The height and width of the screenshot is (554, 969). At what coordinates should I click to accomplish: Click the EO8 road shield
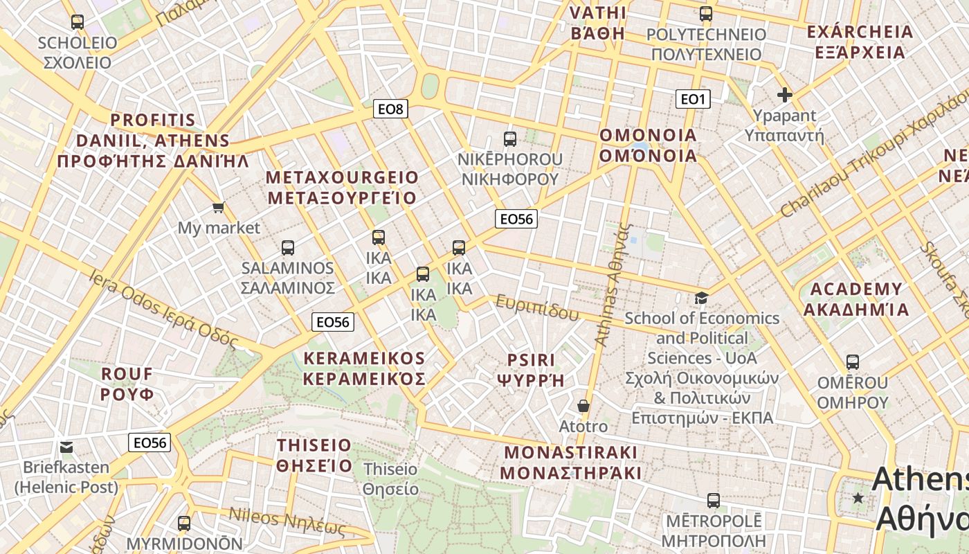click(390, 109)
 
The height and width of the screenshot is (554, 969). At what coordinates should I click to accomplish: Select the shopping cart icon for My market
click(219, 207)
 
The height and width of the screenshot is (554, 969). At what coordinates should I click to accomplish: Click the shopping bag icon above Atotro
click(583, 405)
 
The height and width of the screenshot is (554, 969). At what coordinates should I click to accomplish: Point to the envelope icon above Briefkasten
click(66, 447)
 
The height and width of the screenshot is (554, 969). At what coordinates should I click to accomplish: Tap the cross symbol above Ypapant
click(784, 95)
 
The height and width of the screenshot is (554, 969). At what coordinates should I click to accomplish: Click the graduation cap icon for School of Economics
click(702, 298)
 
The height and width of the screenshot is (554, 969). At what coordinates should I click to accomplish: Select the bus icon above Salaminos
click(288, 247)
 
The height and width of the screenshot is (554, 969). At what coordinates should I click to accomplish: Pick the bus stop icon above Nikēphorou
click(510, 138)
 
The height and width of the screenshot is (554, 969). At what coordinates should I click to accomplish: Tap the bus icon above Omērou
click(853, 362)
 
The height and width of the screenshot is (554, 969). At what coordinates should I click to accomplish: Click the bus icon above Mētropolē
click(714, 500)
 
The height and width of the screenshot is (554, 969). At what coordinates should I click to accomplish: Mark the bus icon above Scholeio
click(78, 22)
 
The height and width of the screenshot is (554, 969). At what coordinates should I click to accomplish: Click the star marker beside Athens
click(858, 498)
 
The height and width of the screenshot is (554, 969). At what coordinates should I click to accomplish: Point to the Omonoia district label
click(648, 145)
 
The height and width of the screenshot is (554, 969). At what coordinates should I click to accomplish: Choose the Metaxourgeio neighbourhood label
click(342, 188)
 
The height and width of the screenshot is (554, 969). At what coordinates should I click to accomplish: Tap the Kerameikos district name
click(364, 368)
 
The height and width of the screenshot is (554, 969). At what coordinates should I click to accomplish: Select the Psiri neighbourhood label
click(531, 370)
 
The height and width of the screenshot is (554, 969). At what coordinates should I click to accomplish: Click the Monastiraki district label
click(570, 463)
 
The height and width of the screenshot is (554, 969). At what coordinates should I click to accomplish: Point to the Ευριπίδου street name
click(537, 307)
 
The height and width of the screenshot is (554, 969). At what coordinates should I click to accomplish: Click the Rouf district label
click(127, 384)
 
